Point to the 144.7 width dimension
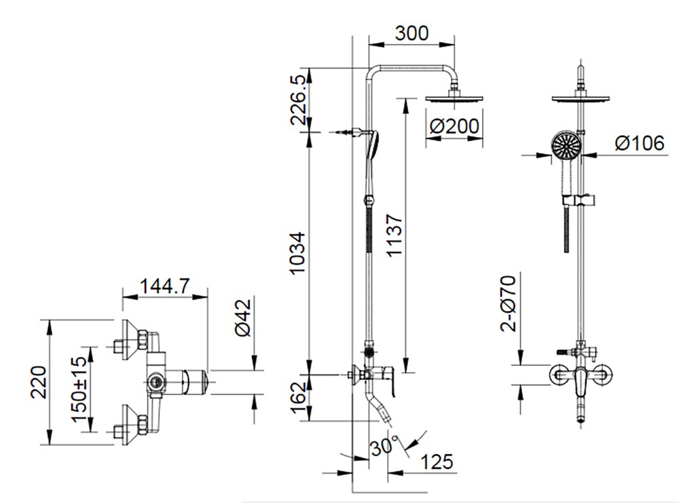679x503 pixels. click(164, 286)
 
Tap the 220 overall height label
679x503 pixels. click(39, 384)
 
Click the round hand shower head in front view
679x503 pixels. click(564, 145)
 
